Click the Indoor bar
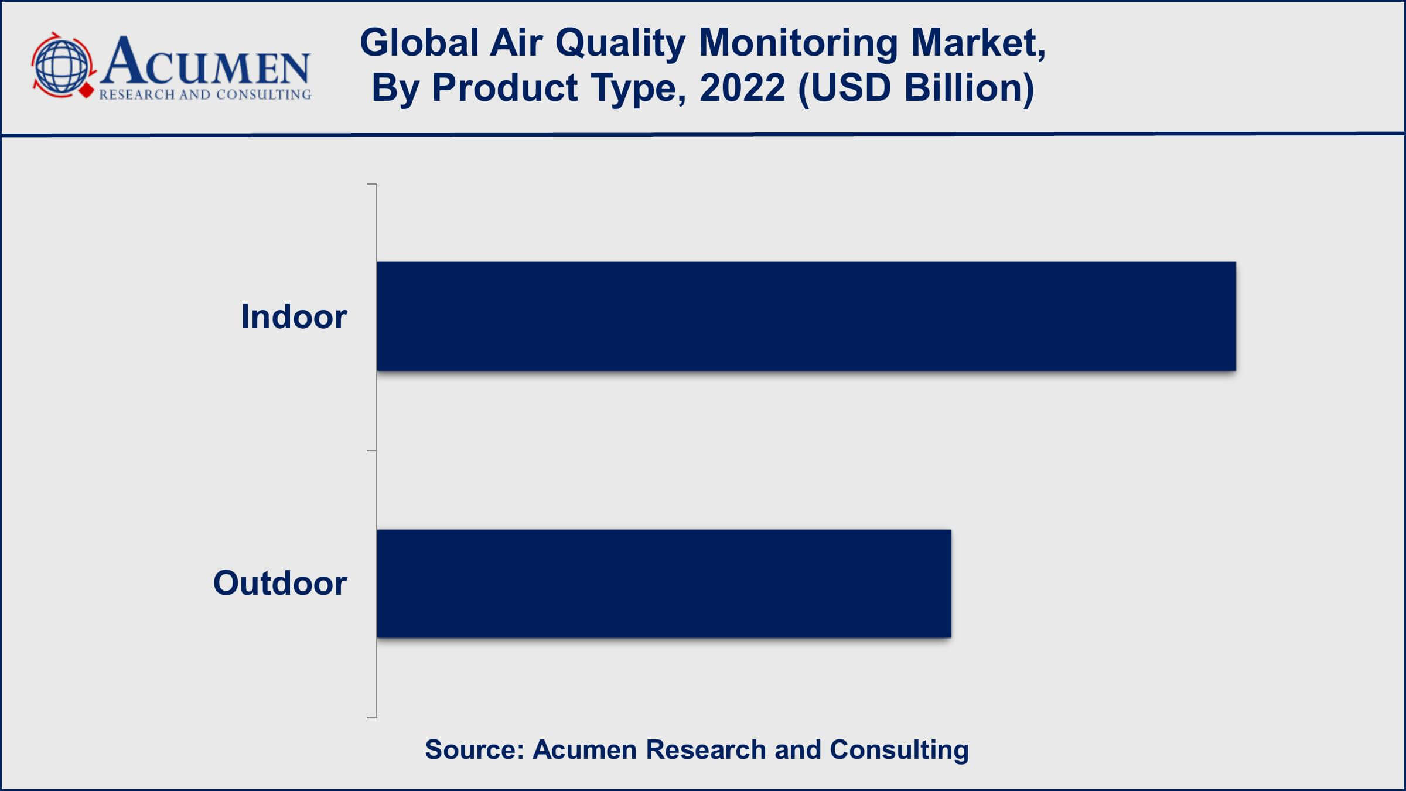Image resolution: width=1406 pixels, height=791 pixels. pos(806,316)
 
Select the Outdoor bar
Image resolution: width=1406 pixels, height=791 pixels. pos(664,584)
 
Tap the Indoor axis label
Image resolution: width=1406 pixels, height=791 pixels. pos(294,316)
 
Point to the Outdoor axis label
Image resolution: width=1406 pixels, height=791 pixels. pos(280,583)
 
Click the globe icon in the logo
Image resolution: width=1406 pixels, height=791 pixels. pos(61,64)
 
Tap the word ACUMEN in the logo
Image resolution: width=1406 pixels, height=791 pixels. pos(205,62)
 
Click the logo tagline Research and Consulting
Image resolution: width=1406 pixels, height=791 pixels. pos(205,94)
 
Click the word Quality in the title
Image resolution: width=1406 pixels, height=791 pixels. pos(620,44)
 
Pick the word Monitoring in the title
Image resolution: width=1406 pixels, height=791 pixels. pos(798,44)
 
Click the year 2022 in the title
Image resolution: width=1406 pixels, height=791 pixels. pos(742,88)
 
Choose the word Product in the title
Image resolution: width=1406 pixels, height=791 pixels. pos(504,88)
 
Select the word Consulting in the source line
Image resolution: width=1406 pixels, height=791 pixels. pos(899,751)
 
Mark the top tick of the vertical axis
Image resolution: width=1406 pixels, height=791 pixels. pos(371,184)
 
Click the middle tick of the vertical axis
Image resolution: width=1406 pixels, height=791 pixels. pos(371,451)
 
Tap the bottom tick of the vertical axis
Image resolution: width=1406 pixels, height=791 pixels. pos(371,717)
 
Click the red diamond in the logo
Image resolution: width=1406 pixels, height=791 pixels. pos(87,91)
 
